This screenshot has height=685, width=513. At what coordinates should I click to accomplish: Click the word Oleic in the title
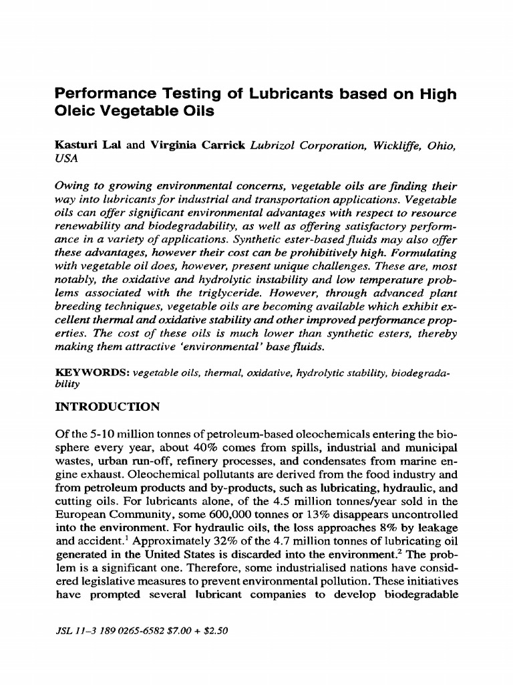pos(75,111)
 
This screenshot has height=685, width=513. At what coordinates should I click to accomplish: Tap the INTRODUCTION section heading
pos(107,407)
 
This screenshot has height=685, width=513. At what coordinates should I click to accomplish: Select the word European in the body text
pos(77,515)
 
